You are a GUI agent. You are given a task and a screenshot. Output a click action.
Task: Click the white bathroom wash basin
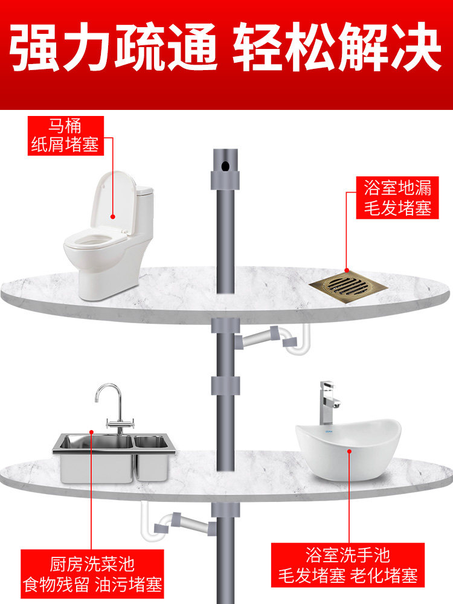(349, 449)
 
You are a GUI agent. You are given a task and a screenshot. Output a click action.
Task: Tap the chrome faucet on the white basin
(328, 403)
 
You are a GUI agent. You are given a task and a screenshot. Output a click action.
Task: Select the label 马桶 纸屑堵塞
(66, 135)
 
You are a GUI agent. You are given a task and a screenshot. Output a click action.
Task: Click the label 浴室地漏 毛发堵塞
(397, 198)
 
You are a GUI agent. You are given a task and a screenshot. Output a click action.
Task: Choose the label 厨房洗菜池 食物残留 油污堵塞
(92, 574)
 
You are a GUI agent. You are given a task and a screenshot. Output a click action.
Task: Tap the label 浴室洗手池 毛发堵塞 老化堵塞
(348, 565)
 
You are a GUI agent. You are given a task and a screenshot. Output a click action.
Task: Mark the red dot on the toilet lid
(113, 217)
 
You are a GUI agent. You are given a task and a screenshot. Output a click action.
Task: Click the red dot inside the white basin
(349, 451)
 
